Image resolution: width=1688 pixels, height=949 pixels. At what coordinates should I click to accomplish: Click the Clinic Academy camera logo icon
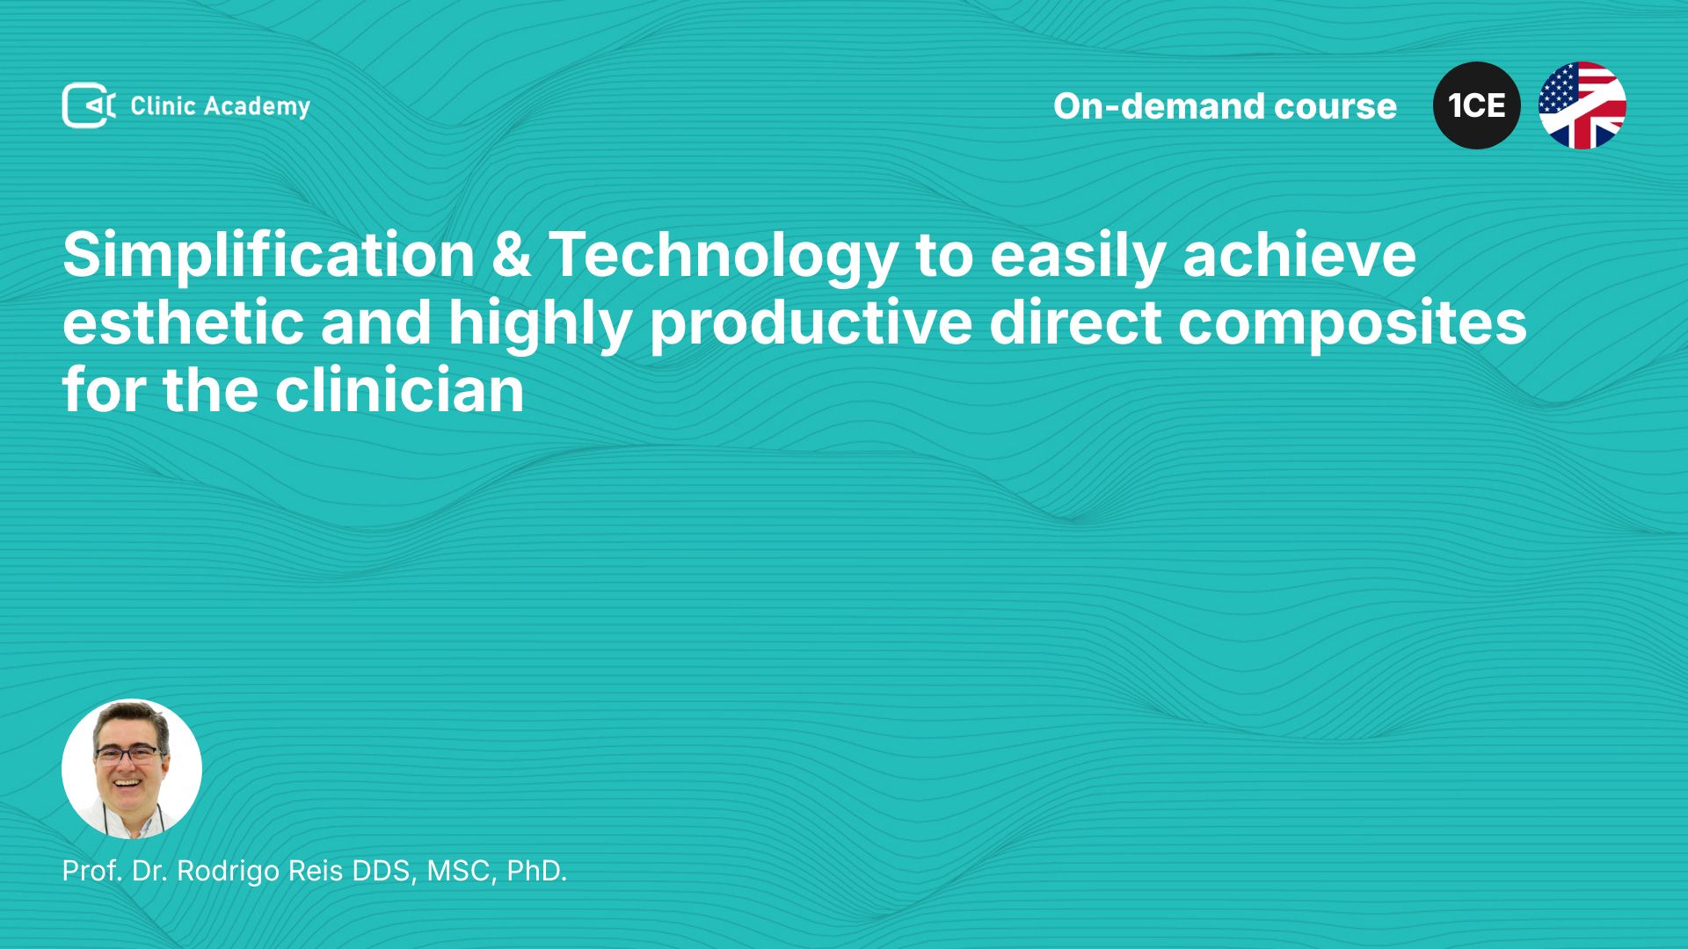89,105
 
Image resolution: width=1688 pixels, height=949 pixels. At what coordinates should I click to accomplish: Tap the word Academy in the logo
257,107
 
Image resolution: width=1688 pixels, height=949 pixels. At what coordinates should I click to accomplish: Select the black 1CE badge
1477,105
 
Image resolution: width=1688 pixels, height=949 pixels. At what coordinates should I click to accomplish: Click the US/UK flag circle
1582,105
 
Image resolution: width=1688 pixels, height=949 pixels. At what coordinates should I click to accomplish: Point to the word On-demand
1159,106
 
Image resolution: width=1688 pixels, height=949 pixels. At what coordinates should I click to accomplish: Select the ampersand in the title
512,256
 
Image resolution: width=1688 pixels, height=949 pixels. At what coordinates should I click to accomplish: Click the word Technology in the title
724,257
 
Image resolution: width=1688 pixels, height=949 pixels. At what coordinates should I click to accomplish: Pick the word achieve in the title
1299,256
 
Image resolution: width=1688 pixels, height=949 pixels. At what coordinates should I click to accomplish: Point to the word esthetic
183,322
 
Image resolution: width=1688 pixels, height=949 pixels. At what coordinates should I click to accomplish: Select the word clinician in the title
400,390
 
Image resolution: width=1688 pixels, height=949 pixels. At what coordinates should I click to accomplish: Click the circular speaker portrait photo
132,769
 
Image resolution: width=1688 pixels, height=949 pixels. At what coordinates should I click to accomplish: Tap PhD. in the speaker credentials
536,871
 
